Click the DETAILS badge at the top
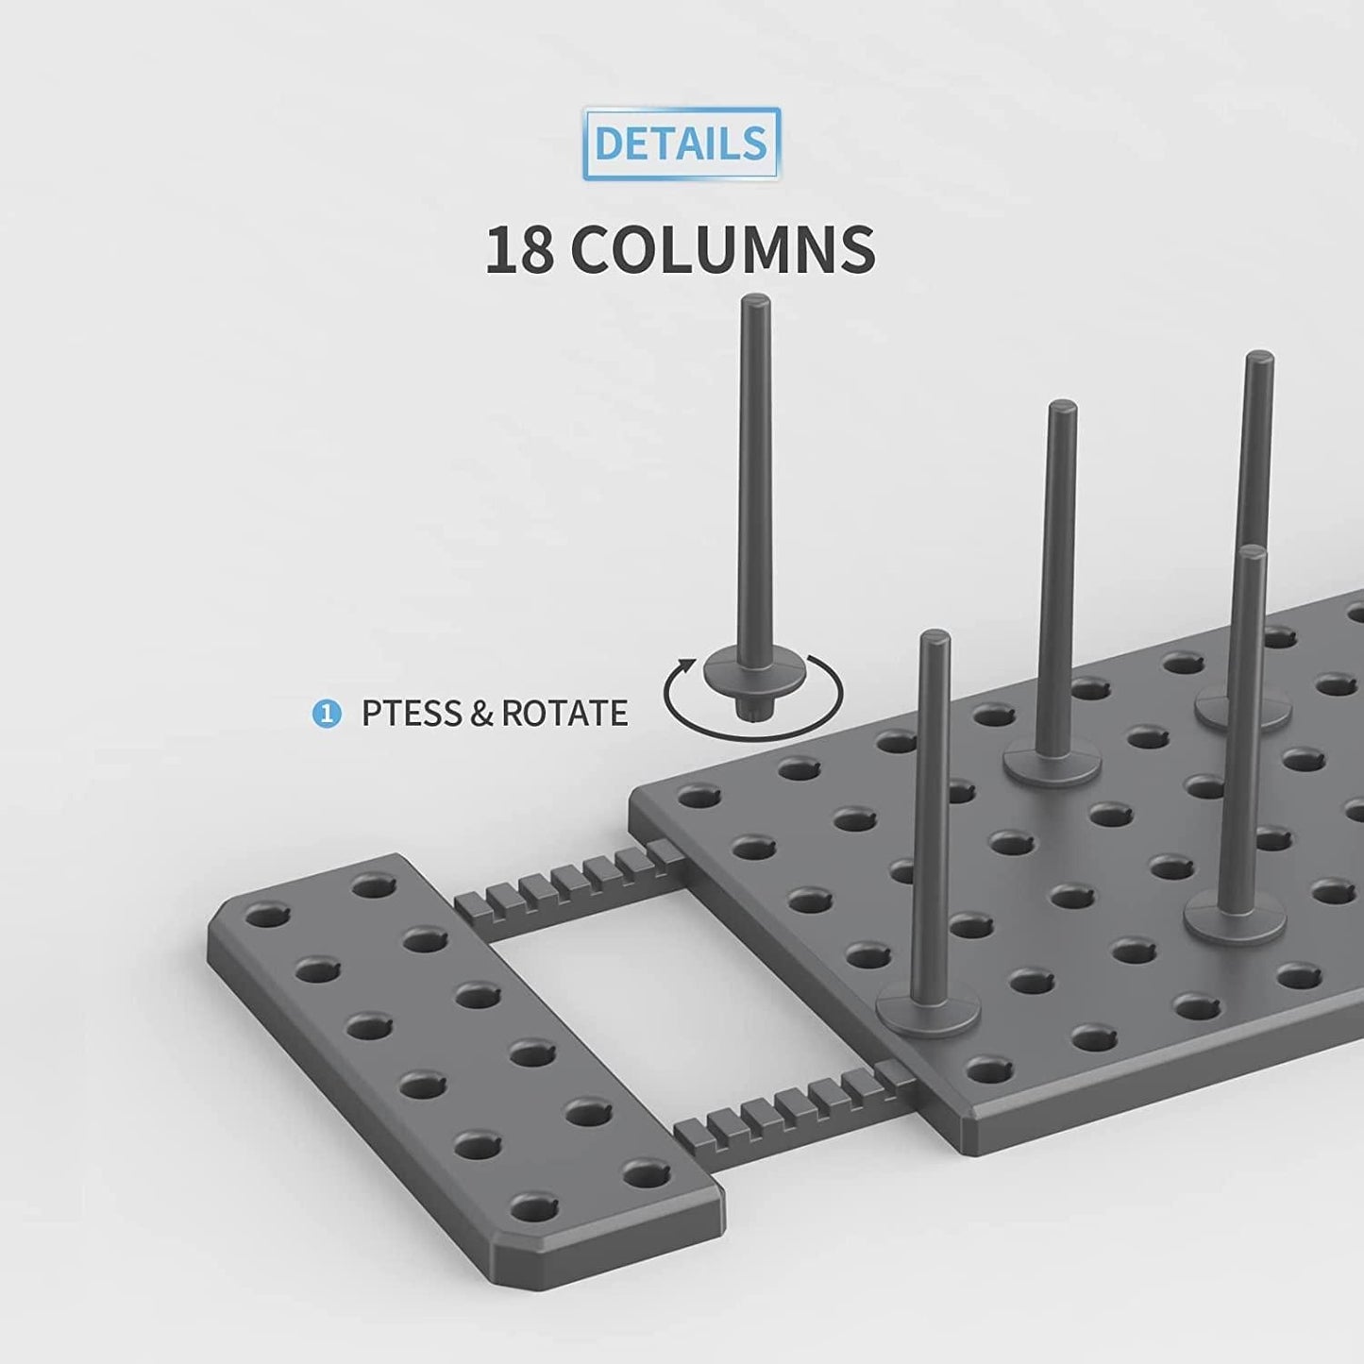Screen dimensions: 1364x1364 point(681,143)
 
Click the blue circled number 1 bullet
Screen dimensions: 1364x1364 point(326,714)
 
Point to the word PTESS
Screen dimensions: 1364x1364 point(410,714)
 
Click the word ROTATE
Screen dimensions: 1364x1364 point(564,714)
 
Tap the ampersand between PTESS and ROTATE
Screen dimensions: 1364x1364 point(480,714)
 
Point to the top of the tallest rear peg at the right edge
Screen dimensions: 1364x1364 point(1257,360)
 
